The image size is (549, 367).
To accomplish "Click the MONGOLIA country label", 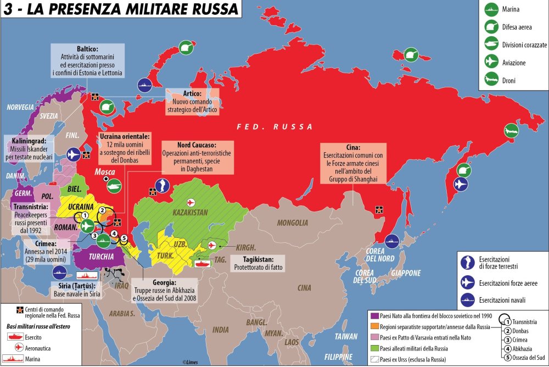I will coord(293,223).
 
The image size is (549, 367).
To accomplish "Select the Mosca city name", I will coord(105,172).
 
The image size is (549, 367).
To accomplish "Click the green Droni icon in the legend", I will coord(489,80).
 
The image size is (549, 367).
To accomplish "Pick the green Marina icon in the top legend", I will coord(489,9).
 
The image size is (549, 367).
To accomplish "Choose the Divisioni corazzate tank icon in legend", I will coord(489,45).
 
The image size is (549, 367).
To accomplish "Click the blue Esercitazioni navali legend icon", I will coord(467,301).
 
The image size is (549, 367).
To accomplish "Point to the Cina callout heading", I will coord(354,148).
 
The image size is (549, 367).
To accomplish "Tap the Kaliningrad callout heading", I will coord(29,140).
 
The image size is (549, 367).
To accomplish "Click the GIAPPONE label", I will coord(405,273).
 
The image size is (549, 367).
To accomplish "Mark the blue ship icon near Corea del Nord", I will coord(392,241).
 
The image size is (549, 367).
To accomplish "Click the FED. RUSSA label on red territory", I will coord(274,126).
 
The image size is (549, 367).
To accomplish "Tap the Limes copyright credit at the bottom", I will coord(189,363).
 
